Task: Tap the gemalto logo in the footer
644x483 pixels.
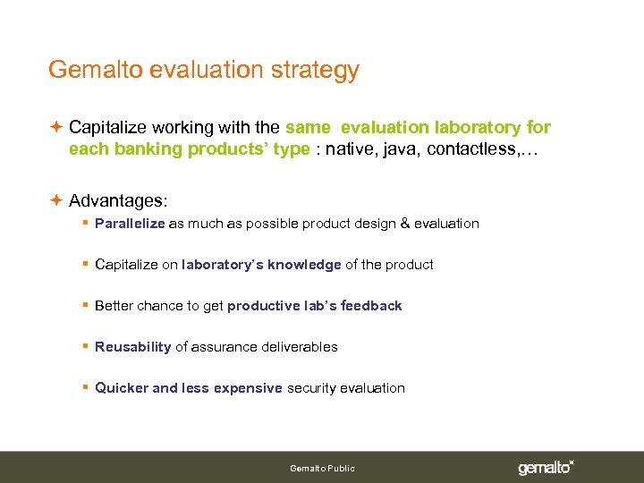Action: (546, 468)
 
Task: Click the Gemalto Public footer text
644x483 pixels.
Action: (322, 469)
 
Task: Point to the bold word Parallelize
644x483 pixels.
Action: (130, 224)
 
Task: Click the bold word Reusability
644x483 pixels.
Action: (132, 347)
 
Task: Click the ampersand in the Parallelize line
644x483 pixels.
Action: (408, 224)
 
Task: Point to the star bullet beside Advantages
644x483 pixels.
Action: (55, 199)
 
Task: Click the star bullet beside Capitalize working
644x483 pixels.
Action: (55, 128)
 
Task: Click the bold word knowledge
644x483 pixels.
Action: (304, 265)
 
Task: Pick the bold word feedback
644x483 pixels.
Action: (372, 306)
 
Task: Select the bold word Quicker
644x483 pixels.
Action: (122, 388)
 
